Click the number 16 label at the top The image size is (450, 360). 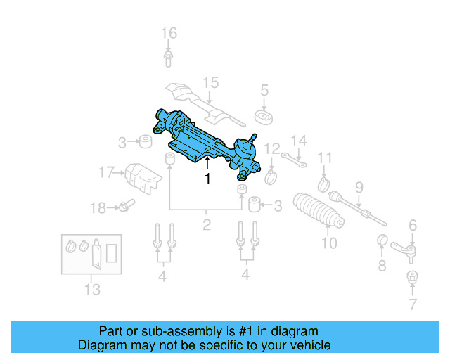[x=169, y=33]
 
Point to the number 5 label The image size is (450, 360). [x=264, y=90]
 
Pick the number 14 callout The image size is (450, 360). [x=299, y=141]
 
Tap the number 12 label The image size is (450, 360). [x=272, y=148]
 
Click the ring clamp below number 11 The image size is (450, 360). [x=324, y=185]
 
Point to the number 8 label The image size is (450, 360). [x=382, y=266]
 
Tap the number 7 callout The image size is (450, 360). [x=413, y=304]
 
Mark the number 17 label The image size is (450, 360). [x=106, y=172]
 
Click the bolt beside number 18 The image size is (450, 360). [x=126, y=206]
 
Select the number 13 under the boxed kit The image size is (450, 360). [x=92, y=289]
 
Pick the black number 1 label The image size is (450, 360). [x=207, y=179]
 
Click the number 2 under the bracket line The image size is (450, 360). [x=207, y=226]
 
